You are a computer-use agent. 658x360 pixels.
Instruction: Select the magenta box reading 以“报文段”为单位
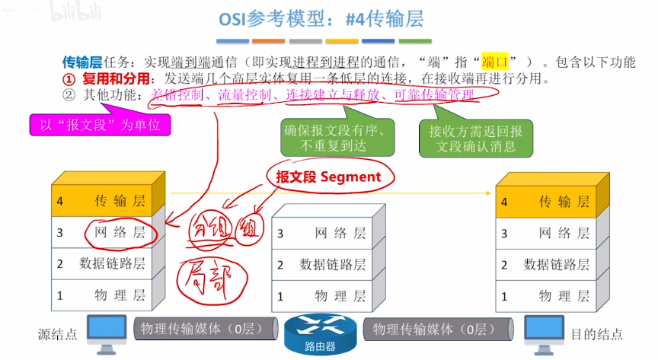coord(99,125)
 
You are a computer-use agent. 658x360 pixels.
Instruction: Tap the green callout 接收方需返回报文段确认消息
coord(474,137)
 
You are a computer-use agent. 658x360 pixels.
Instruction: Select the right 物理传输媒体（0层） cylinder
coord(433,329)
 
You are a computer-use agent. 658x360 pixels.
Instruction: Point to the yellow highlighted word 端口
coord(494,62)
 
